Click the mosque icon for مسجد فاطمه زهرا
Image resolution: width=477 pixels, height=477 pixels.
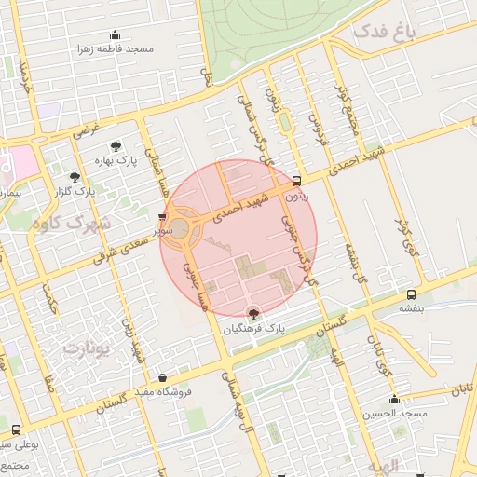point(115,35)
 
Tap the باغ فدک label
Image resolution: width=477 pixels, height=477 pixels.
point(383,34)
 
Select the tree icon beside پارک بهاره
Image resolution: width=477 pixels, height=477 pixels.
point(116,146)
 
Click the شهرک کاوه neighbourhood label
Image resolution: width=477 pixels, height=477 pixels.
point(70,224)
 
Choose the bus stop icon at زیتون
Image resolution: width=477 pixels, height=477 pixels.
point(296,181)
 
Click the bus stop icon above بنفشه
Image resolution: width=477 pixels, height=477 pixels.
point(410,293)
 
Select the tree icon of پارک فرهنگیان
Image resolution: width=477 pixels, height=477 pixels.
point(252,314)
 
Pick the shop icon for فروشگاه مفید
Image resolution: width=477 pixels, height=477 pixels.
point(164,378)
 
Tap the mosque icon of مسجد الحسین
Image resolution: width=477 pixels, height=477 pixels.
point(394,399)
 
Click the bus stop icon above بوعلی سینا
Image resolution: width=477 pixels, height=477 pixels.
point(16,429)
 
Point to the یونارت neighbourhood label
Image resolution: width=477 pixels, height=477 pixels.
point(86,348)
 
